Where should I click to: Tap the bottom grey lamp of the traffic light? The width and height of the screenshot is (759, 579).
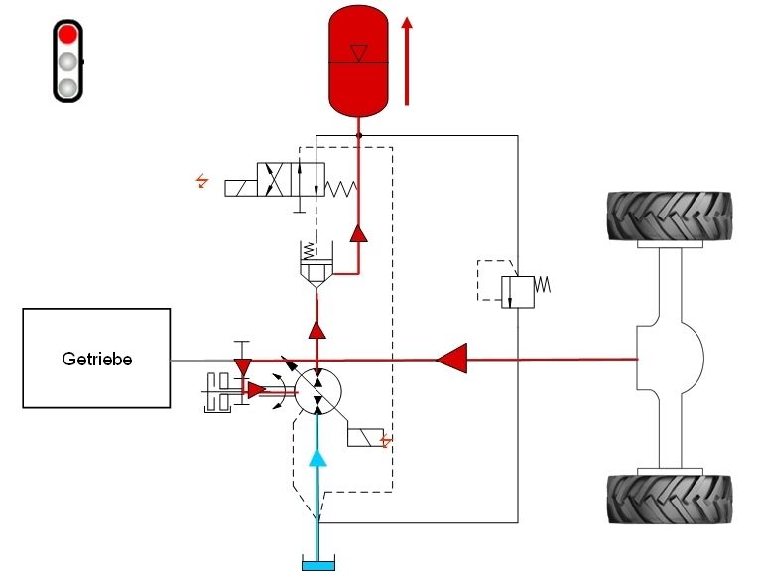pyautogui.click(x=67, y=87)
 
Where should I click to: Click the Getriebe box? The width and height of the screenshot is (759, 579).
pyautogui.click(x=95, y=359)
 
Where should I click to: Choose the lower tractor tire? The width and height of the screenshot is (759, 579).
pyautogui.click(x=670, y=500)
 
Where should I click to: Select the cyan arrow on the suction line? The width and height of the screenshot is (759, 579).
pyautogui.click(x=317, y=457)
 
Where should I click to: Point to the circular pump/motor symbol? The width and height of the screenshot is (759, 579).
pyautogui.click(x=317, y=389)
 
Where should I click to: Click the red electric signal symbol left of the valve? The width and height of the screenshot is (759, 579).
pyautogui.click(x=203, y=181)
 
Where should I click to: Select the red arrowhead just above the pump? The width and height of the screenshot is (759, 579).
pyautogui.click(x=316, y=330)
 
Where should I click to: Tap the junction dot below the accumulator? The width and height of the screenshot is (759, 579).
pyautogui.click(x=359, y=135)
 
